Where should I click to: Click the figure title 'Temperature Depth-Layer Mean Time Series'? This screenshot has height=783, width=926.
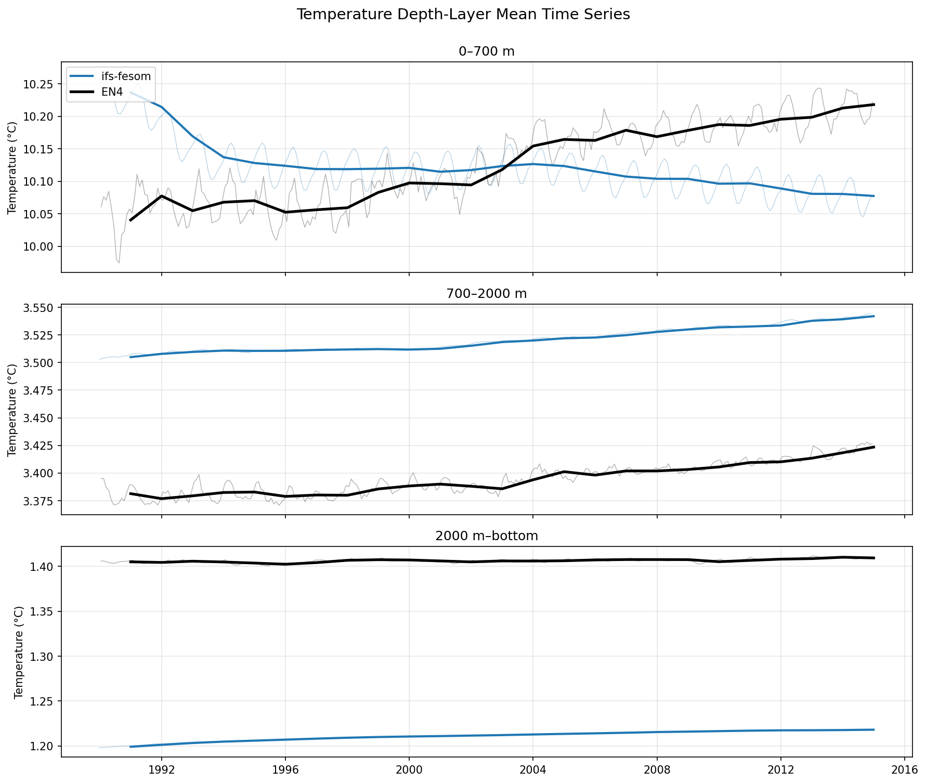click(x=463, y=15)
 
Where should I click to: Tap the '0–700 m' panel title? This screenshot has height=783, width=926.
click(x=487, y=51)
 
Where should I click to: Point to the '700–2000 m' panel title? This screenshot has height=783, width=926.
click(x=487, y=294)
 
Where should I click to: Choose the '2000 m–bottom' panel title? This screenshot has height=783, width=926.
click(x=487, y=536)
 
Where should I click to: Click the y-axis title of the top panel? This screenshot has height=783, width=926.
click(x=12, y=167)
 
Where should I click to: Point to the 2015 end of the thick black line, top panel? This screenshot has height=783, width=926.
click(x=874, y=105)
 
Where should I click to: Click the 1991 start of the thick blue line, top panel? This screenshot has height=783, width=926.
click(x=131, y=93)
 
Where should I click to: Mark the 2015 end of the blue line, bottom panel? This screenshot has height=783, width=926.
click(x=874, y=730)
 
